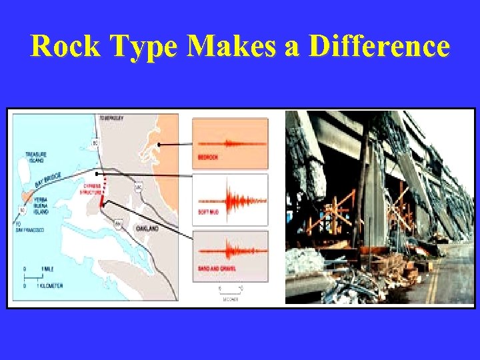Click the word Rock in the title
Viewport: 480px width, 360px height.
coord(63,47)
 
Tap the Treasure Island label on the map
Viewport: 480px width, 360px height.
coord(36,157)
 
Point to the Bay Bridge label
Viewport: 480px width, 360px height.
coord(48,180)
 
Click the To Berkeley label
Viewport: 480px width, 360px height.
coord(111,117)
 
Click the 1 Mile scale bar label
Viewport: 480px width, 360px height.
coord(47,268)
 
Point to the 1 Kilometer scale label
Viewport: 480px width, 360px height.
coord(49,285)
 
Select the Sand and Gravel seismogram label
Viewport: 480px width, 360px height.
coord(213,267)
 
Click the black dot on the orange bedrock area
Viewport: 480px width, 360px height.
coord(160,144)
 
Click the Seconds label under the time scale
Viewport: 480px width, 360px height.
coord(231,299)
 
